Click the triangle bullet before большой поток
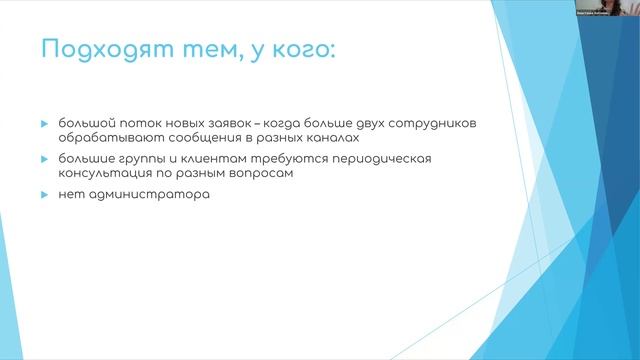point(45,123)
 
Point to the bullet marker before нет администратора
point(45,194)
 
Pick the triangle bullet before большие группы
point(45,159)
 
